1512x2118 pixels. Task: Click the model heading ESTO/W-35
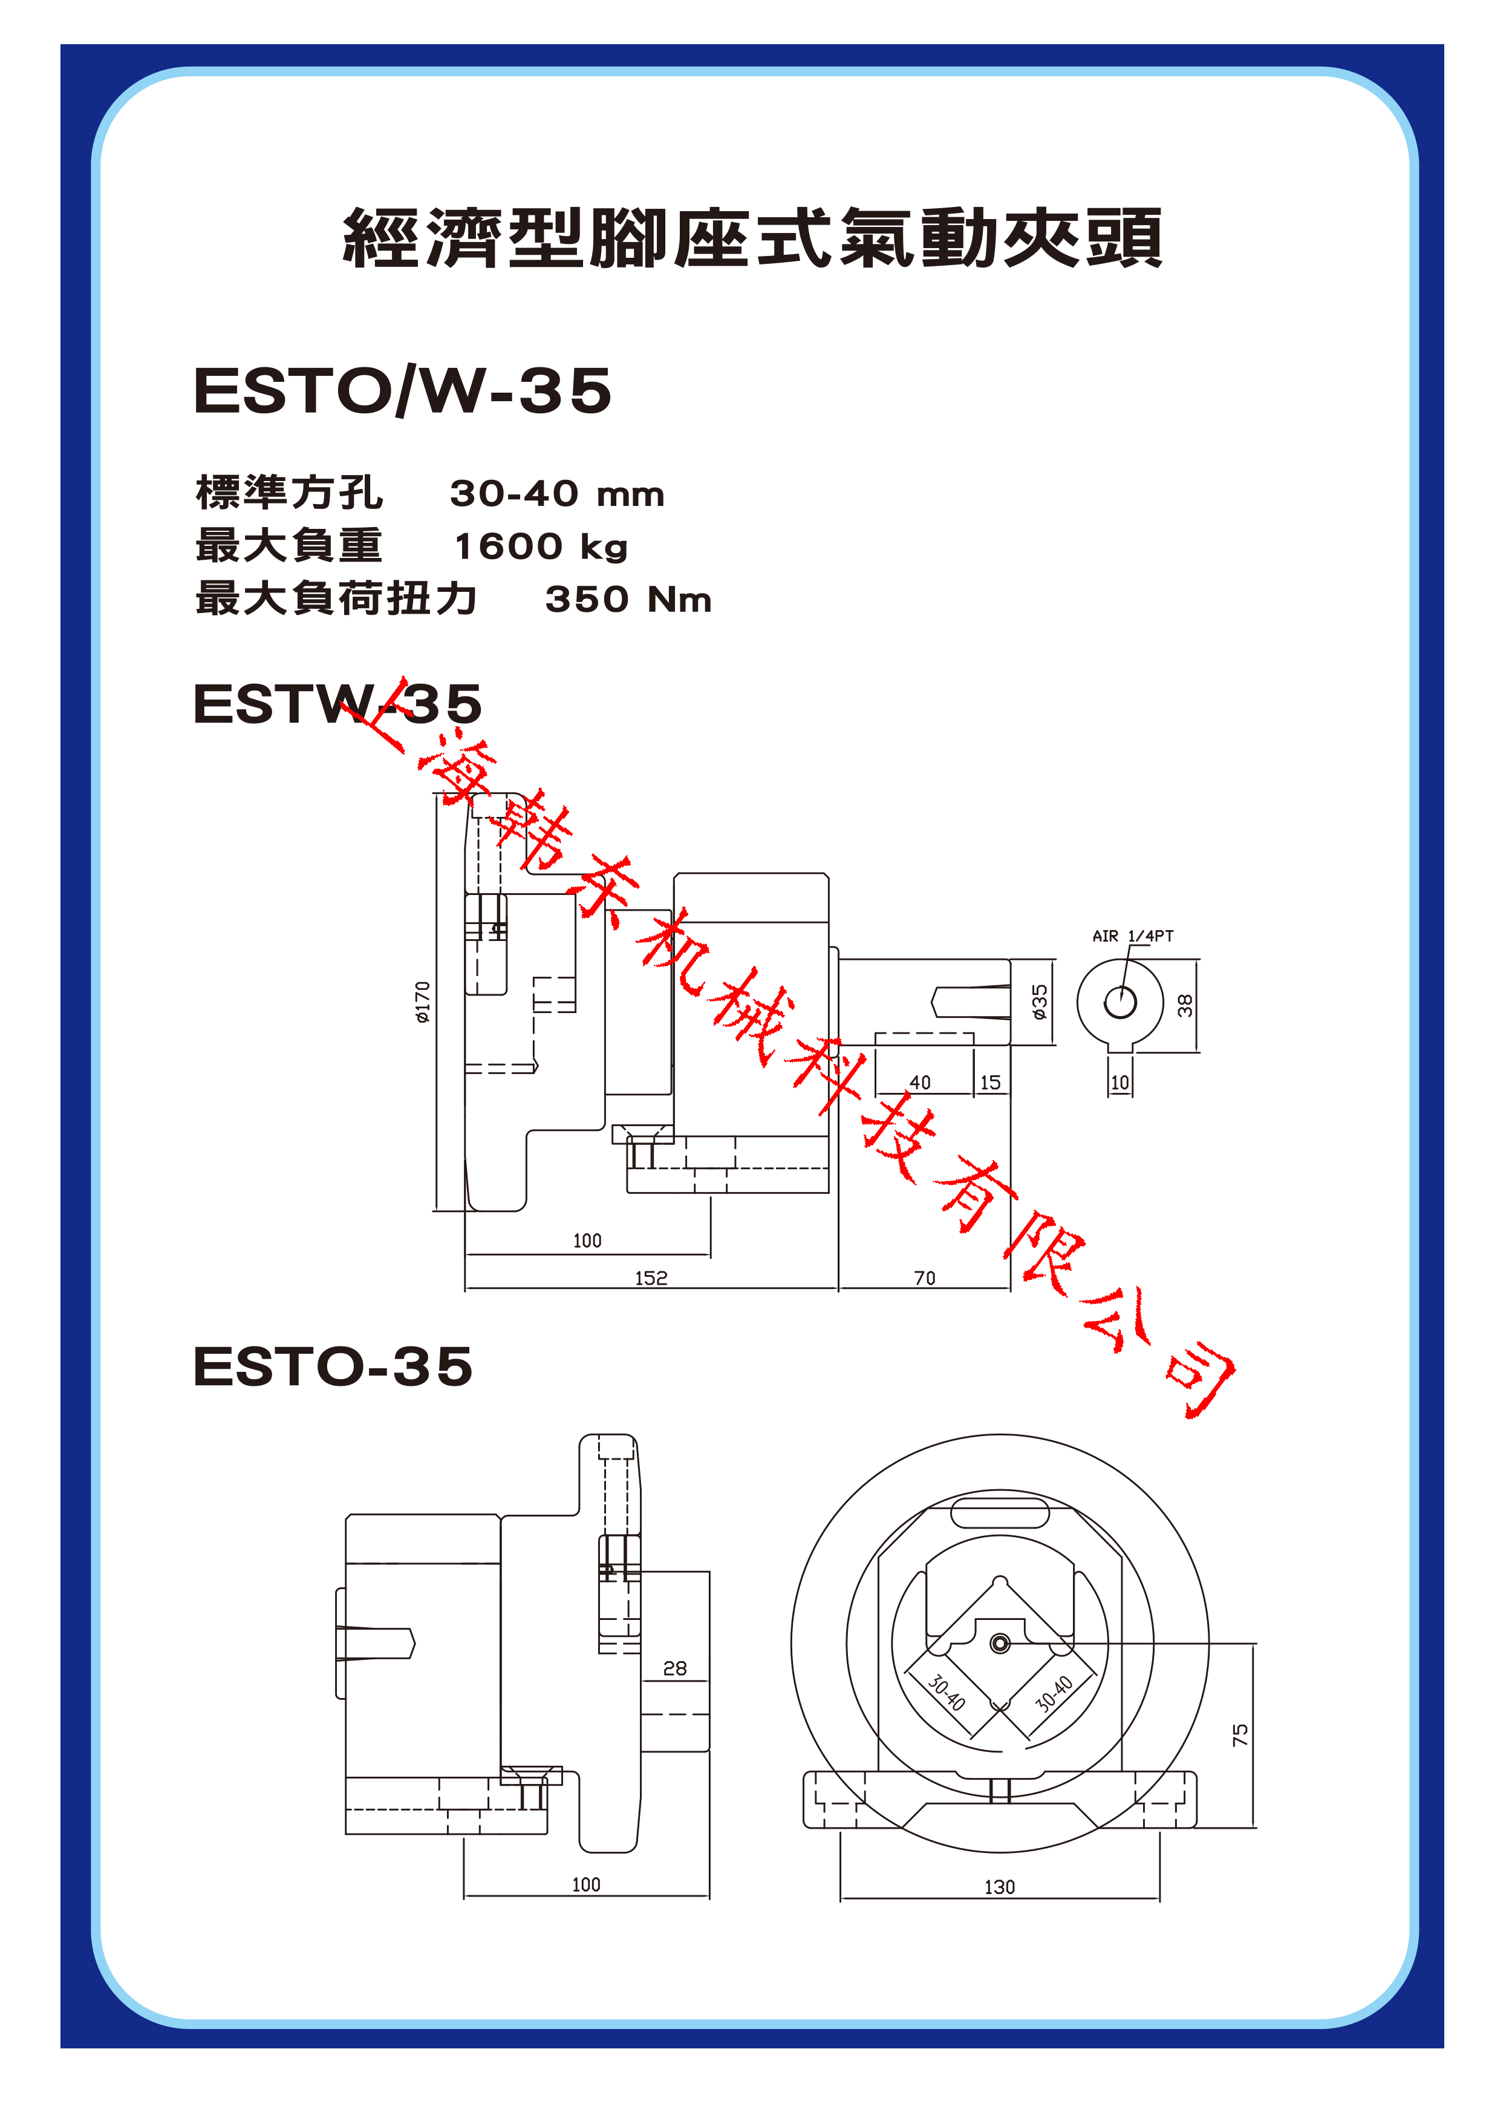(402, 390)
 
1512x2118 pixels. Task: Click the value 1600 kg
(541, 546)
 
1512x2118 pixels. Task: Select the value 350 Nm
(628, 599)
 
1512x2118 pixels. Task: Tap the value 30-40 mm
(557, 494)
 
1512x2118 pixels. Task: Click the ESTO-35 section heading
(333, 1366)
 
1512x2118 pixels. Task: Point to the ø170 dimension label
(423, 1002)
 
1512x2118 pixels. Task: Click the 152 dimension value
(651, 1278)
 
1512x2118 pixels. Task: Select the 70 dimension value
(925, 1278)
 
